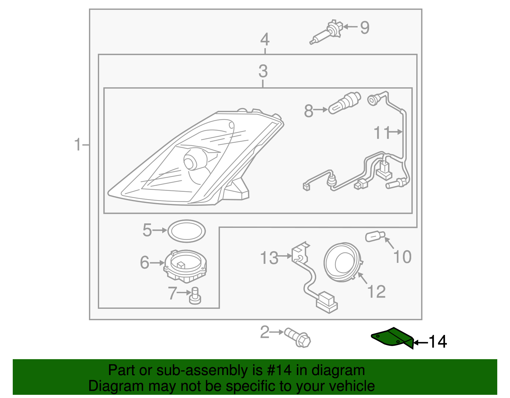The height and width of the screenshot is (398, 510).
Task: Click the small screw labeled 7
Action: tap(195, 295)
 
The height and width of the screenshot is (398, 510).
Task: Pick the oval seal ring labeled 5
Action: tap(186, 231)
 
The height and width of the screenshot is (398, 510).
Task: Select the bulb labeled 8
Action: tap(345, 103)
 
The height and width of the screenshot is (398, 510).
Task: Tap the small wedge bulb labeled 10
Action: tap(375, 237)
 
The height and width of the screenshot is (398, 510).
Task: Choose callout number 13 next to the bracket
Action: tap(269, 258)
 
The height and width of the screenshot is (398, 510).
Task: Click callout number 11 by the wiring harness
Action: tap(382, 133)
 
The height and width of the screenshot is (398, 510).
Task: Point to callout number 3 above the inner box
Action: tap(263, 71)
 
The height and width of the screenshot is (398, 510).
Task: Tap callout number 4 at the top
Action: tap(265, 40)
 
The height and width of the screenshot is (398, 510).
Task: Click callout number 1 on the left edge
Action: tap(78, 145)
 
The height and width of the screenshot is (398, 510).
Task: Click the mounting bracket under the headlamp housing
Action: tap(236, 190)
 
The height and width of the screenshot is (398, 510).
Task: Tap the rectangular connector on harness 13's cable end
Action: tap(326, 301)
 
